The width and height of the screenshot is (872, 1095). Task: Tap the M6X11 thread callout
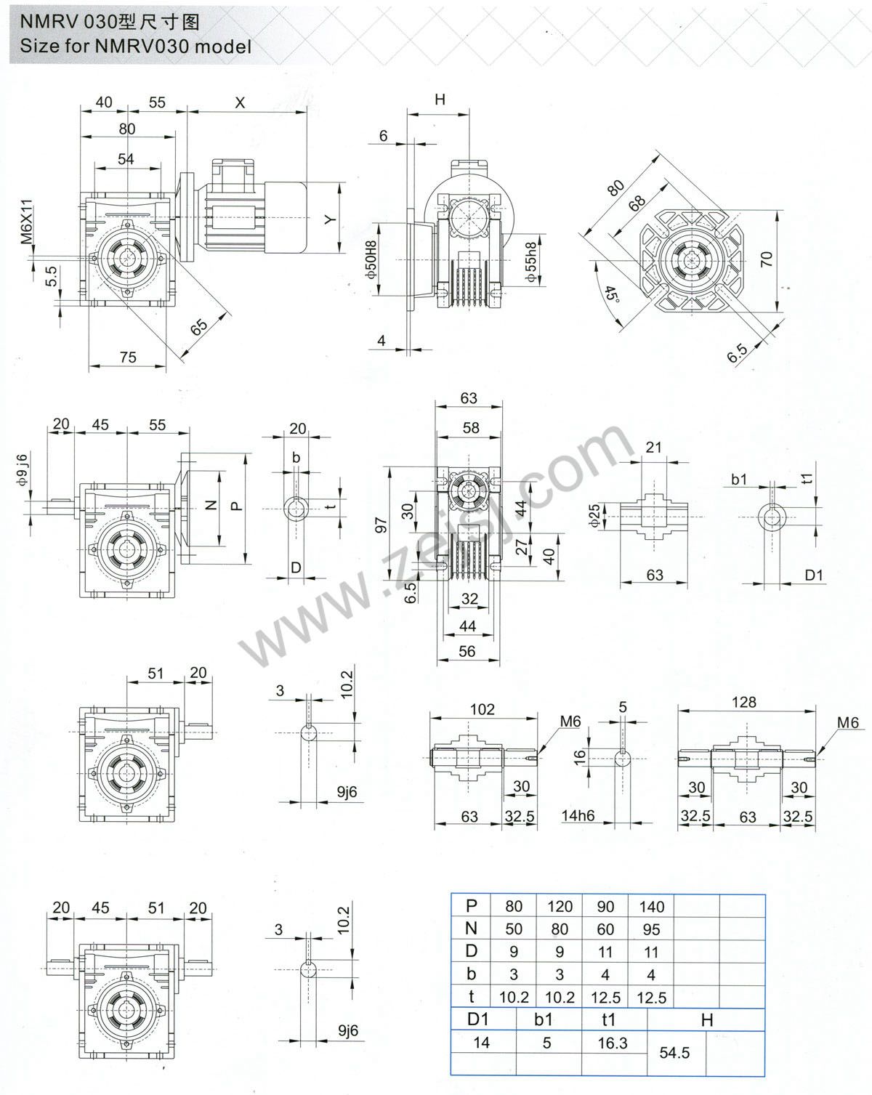[x=27, y=221]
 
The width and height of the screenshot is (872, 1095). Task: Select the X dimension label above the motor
[x=240, y=102]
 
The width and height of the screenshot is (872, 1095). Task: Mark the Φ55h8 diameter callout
[x=531, y=262]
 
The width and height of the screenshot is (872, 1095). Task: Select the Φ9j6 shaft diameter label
[x=23, y=469]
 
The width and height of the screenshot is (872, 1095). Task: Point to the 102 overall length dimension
[x=482, y=709]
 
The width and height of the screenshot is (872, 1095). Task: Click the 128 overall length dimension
[x=744, y=702]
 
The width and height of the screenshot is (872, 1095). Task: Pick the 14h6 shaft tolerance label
[x=578, y=816]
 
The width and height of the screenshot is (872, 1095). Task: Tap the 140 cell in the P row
[x=651, y=906]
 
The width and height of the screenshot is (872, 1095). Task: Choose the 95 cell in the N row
[x=651, y=929]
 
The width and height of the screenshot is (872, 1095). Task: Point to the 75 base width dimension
[x=128, y=357]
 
